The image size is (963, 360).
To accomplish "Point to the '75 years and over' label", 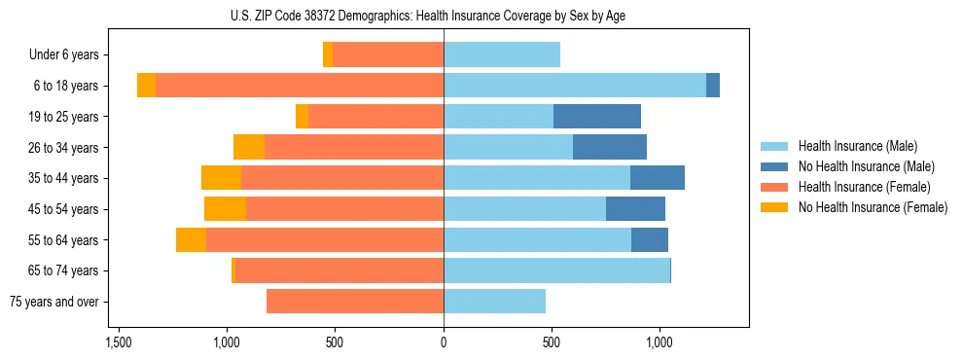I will (x=53, y=302).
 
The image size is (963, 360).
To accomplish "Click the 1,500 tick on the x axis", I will (x=119, y=342).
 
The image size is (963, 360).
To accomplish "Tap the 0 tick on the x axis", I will (x=444, y=342).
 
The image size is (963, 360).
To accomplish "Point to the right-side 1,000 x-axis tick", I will (x=660, y=342).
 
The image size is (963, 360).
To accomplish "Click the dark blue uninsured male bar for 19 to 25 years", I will (x=597, y=117).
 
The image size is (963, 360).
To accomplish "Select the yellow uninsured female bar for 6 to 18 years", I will (x=146, y=86).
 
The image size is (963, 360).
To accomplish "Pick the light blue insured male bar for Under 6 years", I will (x=502, y=55).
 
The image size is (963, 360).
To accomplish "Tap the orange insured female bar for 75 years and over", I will (x=355, y=302).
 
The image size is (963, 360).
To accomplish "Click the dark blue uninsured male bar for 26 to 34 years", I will (x=610, y=147).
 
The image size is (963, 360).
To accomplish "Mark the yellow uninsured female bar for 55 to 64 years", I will (x=191, y=240).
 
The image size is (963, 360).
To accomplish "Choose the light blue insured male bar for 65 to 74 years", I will (x=556, y=270).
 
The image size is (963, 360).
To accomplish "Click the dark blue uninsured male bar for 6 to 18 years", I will (x=713, y=86).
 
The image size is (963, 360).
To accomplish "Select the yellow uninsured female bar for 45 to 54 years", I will (x=225, y=209).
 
